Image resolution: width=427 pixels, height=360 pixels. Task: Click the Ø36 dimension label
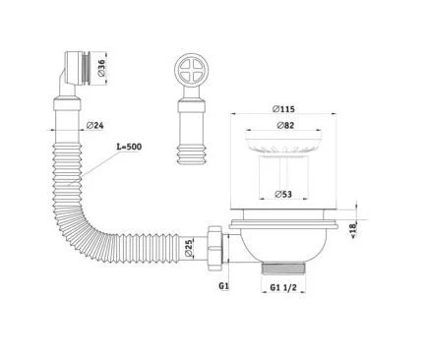[x=101, y=68]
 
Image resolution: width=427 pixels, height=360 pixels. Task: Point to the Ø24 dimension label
[x=95, y=125]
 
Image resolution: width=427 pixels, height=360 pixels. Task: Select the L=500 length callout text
[x=130, y=147]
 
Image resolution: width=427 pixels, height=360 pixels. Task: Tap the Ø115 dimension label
[x=283, y=108]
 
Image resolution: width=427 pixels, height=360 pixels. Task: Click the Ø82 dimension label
[x=285, y=125]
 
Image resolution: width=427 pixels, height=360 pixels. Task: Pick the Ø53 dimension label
[x=283, y=194]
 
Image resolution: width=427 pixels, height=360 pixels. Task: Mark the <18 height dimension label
[x=353, y=230]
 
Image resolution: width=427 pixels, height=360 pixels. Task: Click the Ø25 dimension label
[x=188, y=248]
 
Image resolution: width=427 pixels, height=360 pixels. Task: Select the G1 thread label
[x=223, y=286]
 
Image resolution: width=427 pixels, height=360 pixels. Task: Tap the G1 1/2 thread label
[x=283, y=287]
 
